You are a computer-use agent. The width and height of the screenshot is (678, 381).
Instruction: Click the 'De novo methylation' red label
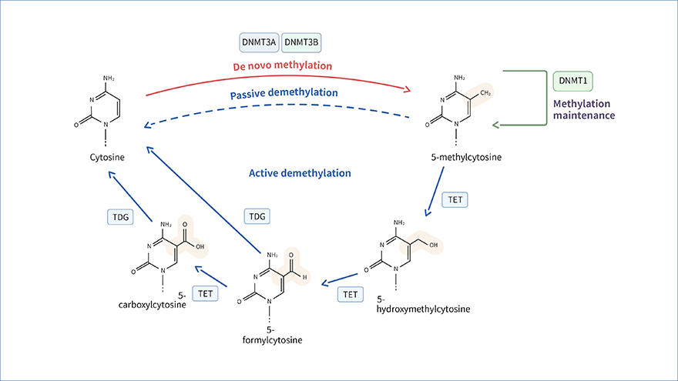(284, 65)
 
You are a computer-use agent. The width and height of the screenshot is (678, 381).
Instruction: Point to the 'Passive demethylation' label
(284, 92)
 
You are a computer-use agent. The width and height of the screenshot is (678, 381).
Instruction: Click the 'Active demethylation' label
(300, 173)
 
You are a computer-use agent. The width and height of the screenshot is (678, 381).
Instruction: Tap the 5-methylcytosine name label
(466, 157)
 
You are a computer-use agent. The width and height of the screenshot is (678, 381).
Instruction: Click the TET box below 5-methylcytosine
(456, 200)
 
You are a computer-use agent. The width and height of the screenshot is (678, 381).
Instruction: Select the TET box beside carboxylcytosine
(206, 293)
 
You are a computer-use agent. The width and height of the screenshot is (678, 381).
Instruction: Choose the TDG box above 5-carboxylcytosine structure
(120, 217)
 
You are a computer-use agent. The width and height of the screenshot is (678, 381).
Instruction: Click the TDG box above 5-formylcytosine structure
(257, 217)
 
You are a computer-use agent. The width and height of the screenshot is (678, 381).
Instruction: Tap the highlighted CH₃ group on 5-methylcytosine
(485, 93)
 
